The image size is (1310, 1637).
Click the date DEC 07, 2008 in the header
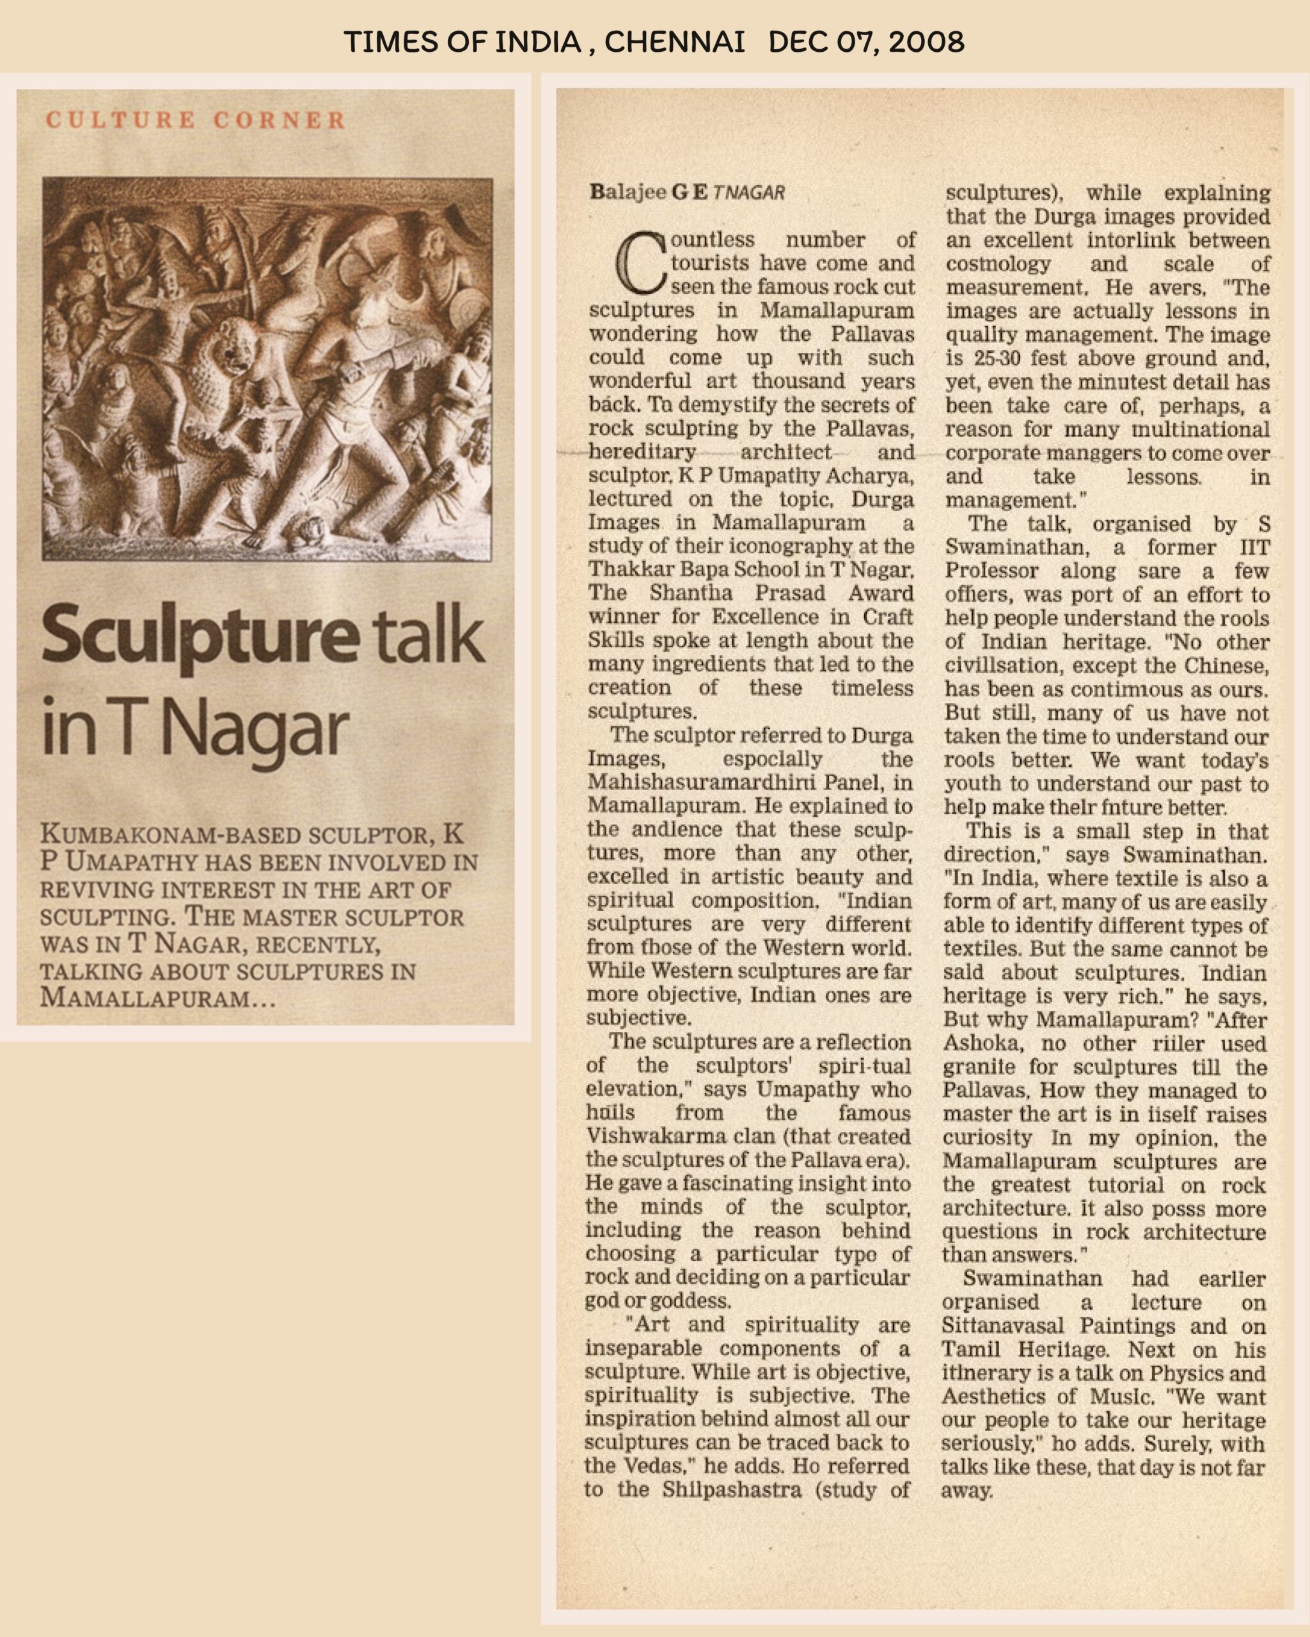[x=865, y=42]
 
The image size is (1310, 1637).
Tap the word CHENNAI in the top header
[x=674, y=42]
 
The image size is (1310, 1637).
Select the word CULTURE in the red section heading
[x=121, y=120]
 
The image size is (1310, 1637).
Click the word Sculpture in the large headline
[x=199, y=636]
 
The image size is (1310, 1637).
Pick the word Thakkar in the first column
[x=629, y=570]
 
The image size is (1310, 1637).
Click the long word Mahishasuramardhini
[x=698, y=783]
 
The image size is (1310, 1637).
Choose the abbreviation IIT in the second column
[x=1254, y=547]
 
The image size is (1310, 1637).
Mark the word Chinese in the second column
[x=1224, y=666]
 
